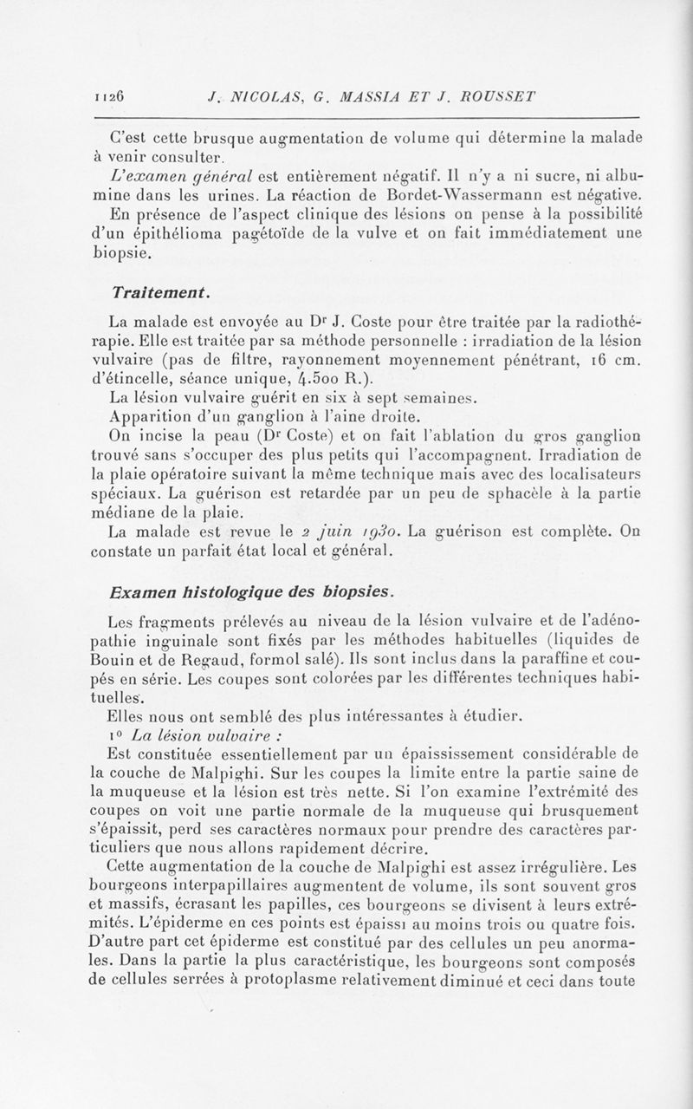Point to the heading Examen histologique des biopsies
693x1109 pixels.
tap(247, 592)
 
